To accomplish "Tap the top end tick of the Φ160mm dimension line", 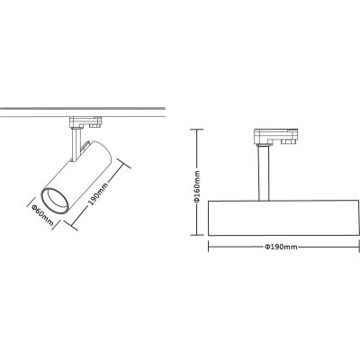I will coord(197,130).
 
